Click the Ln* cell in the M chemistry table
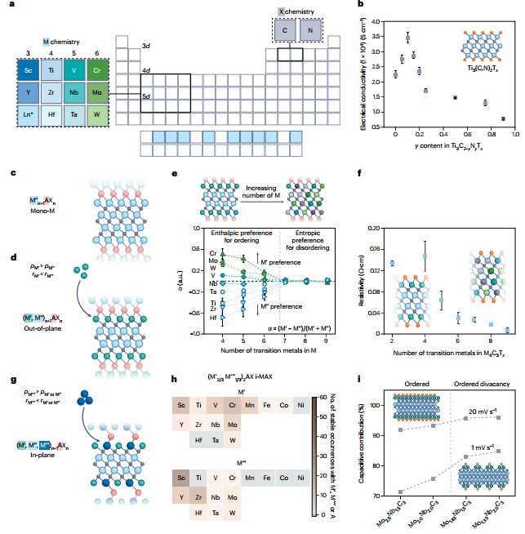click(x=28, y=113)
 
